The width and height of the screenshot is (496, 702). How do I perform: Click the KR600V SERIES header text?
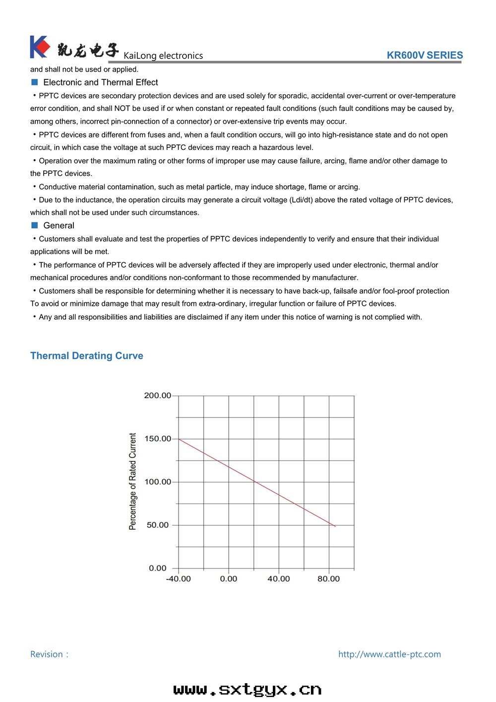click(425, 56)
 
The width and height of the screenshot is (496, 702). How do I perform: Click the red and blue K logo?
click(40, 47)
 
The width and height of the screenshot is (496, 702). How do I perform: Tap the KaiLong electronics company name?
click(163, 56)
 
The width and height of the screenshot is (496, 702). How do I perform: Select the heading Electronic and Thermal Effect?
click(100, 82)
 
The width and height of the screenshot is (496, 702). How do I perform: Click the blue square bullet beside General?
click(35, 225)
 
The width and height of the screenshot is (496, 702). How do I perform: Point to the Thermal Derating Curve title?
click(87, 356)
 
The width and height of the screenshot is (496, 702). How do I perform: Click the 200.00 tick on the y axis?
click(157, 396)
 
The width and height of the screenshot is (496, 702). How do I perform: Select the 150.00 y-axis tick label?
click(157, 439)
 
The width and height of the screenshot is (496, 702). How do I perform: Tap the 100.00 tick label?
click(157, 482)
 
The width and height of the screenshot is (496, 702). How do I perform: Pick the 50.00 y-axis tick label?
click(157, 525)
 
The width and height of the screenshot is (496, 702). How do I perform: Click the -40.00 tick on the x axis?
click(178, 579)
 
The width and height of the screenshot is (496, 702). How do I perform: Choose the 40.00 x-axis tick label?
click(279, 579)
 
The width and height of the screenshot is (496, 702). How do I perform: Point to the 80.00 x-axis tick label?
click(329, 579)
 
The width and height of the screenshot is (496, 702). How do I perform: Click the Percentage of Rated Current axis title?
click(132, 482)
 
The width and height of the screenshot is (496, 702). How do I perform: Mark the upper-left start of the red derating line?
click(179, 439)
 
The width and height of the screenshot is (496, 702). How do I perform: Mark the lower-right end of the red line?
click(335, 526)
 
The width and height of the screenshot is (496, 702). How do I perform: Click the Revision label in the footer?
click(49, 654)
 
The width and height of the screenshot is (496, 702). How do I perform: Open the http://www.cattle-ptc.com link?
click(389, 654)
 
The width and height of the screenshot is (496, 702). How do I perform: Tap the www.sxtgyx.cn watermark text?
click(248, 690)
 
